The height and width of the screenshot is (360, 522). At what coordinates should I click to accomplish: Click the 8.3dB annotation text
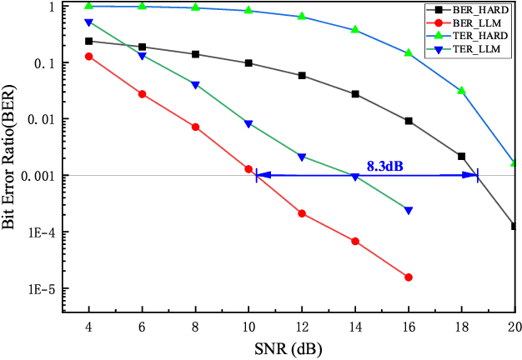pyautogui.click(x=385, y=167)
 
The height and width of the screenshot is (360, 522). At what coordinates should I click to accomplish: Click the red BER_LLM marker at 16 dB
pyautogui.click(x=409, y=277)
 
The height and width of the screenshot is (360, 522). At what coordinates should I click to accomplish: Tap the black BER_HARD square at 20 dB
pyautogui.click(x=514, y=226)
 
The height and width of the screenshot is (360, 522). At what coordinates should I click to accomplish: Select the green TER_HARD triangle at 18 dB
pyautogui.click(x=461, y=90)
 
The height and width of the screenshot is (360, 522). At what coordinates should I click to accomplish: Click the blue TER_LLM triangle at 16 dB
pyautogui.click(x=409, y=210)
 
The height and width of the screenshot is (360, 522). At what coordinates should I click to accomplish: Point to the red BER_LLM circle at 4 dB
pyautogui.click(x=89, y=57)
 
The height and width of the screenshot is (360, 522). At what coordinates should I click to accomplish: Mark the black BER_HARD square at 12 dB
pyautogui.click(x=302, y=76)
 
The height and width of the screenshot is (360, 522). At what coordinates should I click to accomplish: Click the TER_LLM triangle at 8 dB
pyautogui.click(x=195, y=85)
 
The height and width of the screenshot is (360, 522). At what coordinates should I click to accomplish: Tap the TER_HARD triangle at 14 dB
pyautogui.click(x=355, y=30)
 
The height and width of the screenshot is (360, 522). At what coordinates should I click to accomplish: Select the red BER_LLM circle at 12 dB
pyautogui.click(x=302, y=214)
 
